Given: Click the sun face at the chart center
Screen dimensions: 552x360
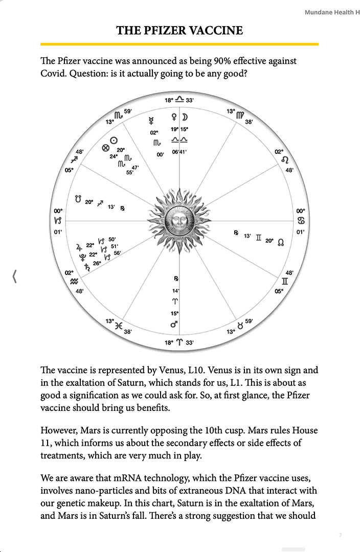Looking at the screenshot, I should coord(179,221).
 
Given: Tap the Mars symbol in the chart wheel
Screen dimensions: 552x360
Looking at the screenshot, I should coord(175,325).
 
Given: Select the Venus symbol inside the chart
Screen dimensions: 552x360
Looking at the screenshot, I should coord(174,117).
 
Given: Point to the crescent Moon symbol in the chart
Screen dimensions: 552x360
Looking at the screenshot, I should coord(185,117).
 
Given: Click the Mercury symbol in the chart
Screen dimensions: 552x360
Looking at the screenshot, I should coord(151,121).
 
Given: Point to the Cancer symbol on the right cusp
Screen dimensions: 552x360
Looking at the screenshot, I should coord(301,221).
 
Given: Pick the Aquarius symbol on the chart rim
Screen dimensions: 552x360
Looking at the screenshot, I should coord(75,281).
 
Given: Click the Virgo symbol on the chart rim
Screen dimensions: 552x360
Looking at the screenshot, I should coord(240,115).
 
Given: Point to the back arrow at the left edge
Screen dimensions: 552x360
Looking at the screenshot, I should coord(14,277).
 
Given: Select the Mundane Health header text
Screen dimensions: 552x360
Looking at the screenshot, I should coord(329,12).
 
